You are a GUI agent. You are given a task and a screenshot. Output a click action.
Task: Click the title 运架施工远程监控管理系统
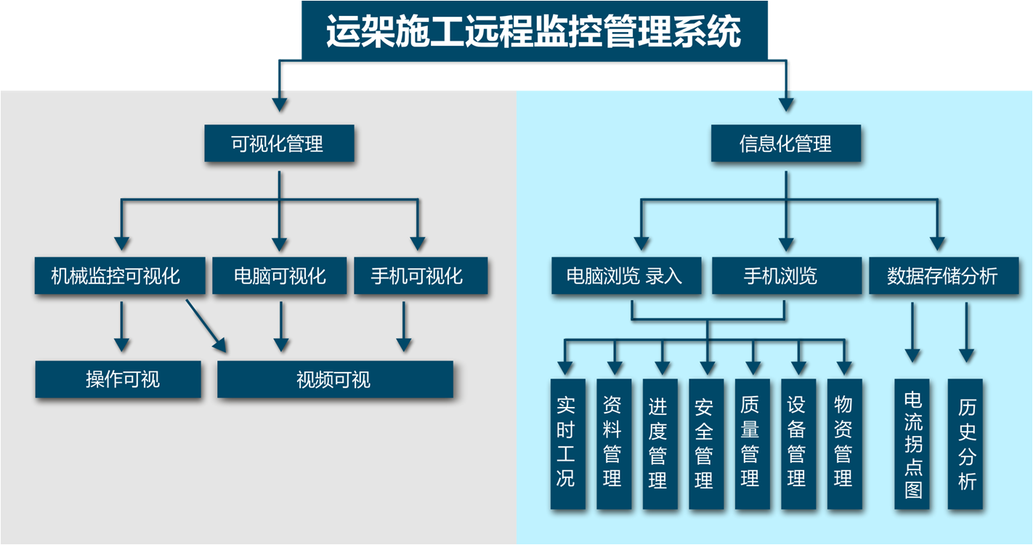pyautogui.click(x=534, y=31)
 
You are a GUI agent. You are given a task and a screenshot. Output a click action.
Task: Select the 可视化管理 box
pyautogui.click(x=279, y=144)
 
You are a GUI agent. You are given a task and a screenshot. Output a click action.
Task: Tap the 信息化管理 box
pyautogui.click(x=785, y=144)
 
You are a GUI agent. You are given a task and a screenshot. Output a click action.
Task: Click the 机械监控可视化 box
pyautogui.click(x=116, y=276)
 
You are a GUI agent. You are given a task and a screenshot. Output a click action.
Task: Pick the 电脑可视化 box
pyautogui.click(x=280, y=276)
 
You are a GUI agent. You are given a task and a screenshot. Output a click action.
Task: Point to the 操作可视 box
pyautogui.click(x=118, y=379)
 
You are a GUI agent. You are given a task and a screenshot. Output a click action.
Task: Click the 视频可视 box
pyautogui.click(x=335, y=379)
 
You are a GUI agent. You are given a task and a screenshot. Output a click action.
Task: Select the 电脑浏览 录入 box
pyautogui.click(x=626, y=276)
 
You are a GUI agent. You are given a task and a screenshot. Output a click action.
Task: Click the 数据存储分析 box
pyautogui.click(x=942, y=276)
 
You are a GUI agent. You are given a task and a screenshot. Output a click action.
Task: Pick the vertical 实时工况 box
pyautogui.click(x=565, y=443)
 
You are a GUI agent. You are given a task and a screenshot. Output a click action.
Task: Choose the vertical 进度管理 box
pyautogui.click(x=657, y=443)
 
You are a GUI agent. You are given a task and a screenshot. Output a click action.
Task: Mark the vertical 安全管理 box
pyautogui.click(x=704, y=443)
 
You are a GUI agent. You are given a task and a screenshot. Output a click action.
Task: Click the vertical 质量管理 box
pyautogui.click(x=750, y=443)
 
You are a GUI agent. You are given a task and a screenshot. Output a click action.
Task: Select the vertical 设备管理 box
pyautogui.click(x=797, y=443)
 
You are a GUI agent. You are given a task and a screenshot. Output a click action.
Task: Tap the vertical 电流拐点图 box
pyautogui.click(x=912, y=443)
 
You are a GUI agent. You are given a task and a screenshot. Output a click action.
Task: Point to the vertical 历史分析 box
pyautogui.click(x=966, y=443)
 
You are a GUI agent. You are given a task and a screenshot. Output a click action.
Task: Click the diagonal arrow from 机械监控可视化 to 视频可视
pyautogui.click(x=206, y=324)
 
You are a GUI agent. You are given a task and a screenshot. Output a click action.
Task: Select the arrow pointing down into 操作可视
pyautogui.click(x=122, y=326)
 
